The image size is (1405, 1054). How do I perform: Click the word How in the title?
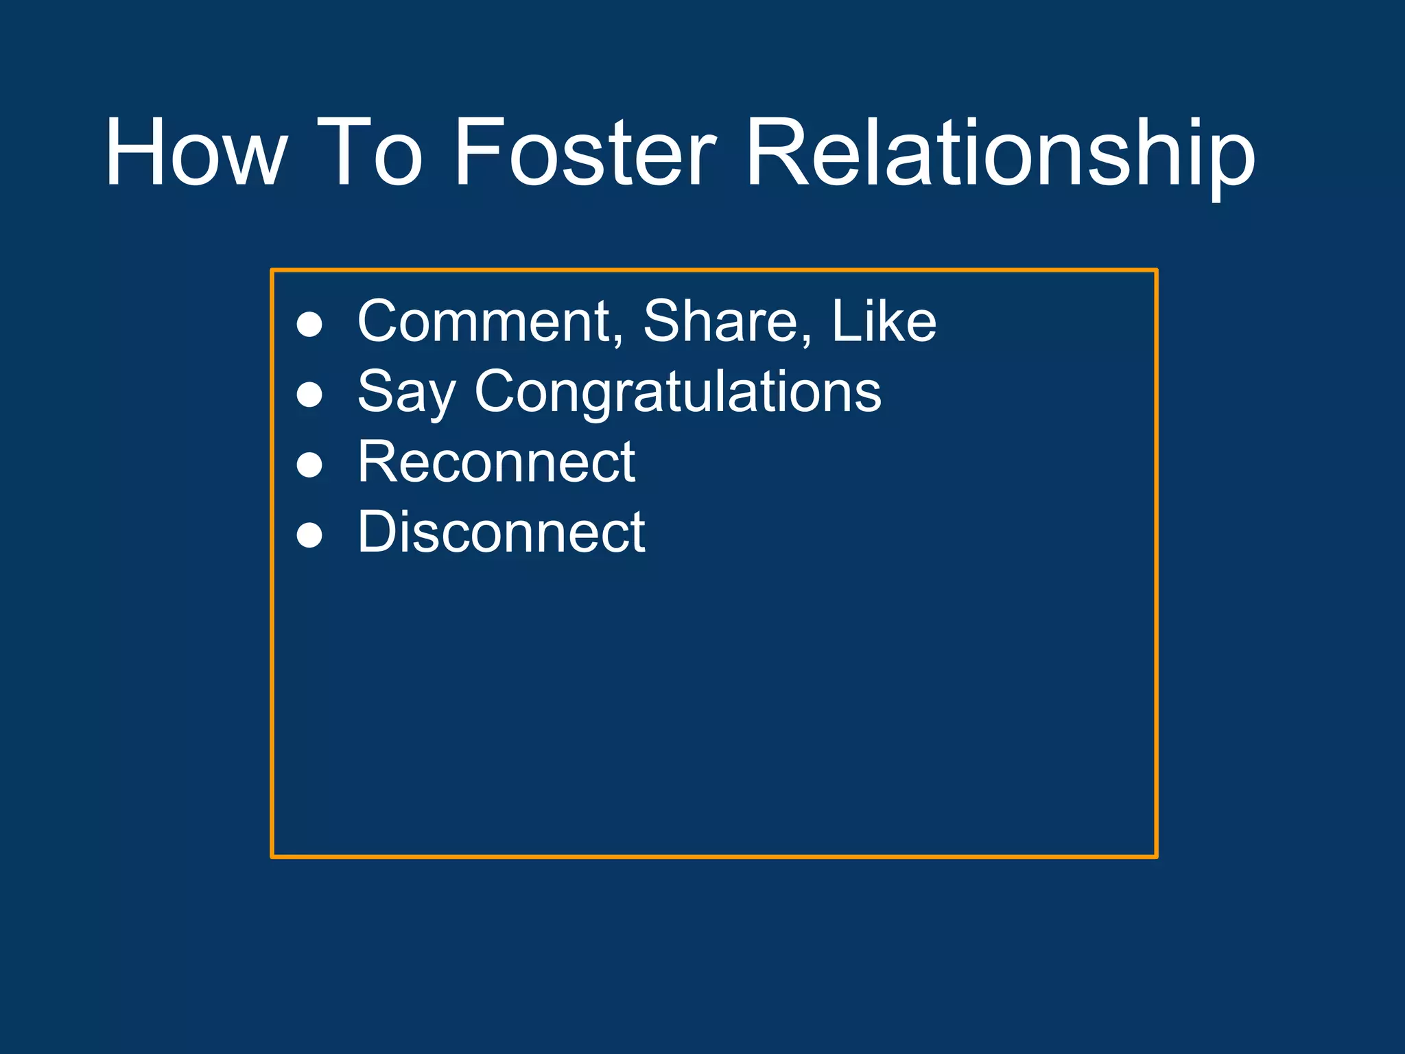195,152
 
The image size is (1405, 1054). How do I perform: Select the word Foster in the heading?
585,152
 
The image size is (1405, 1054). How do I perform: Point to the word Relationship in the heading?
1000,154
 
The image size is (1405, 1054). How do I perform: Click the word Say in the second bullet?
406,393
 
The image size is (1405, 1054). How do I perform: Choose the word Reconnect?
496,462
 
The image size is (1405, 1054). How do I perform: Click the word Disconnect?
501,532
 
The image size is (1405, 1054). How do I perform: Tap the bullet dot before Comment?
309,325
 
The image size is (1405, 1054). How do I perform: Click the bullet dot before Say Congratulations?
309,395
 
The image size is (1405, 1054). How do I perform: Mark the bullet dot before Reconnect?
309,465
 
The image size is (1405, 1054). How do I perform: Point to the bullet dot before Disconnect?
309,535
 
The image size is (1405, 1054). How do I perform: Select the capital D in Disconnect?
379,532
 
